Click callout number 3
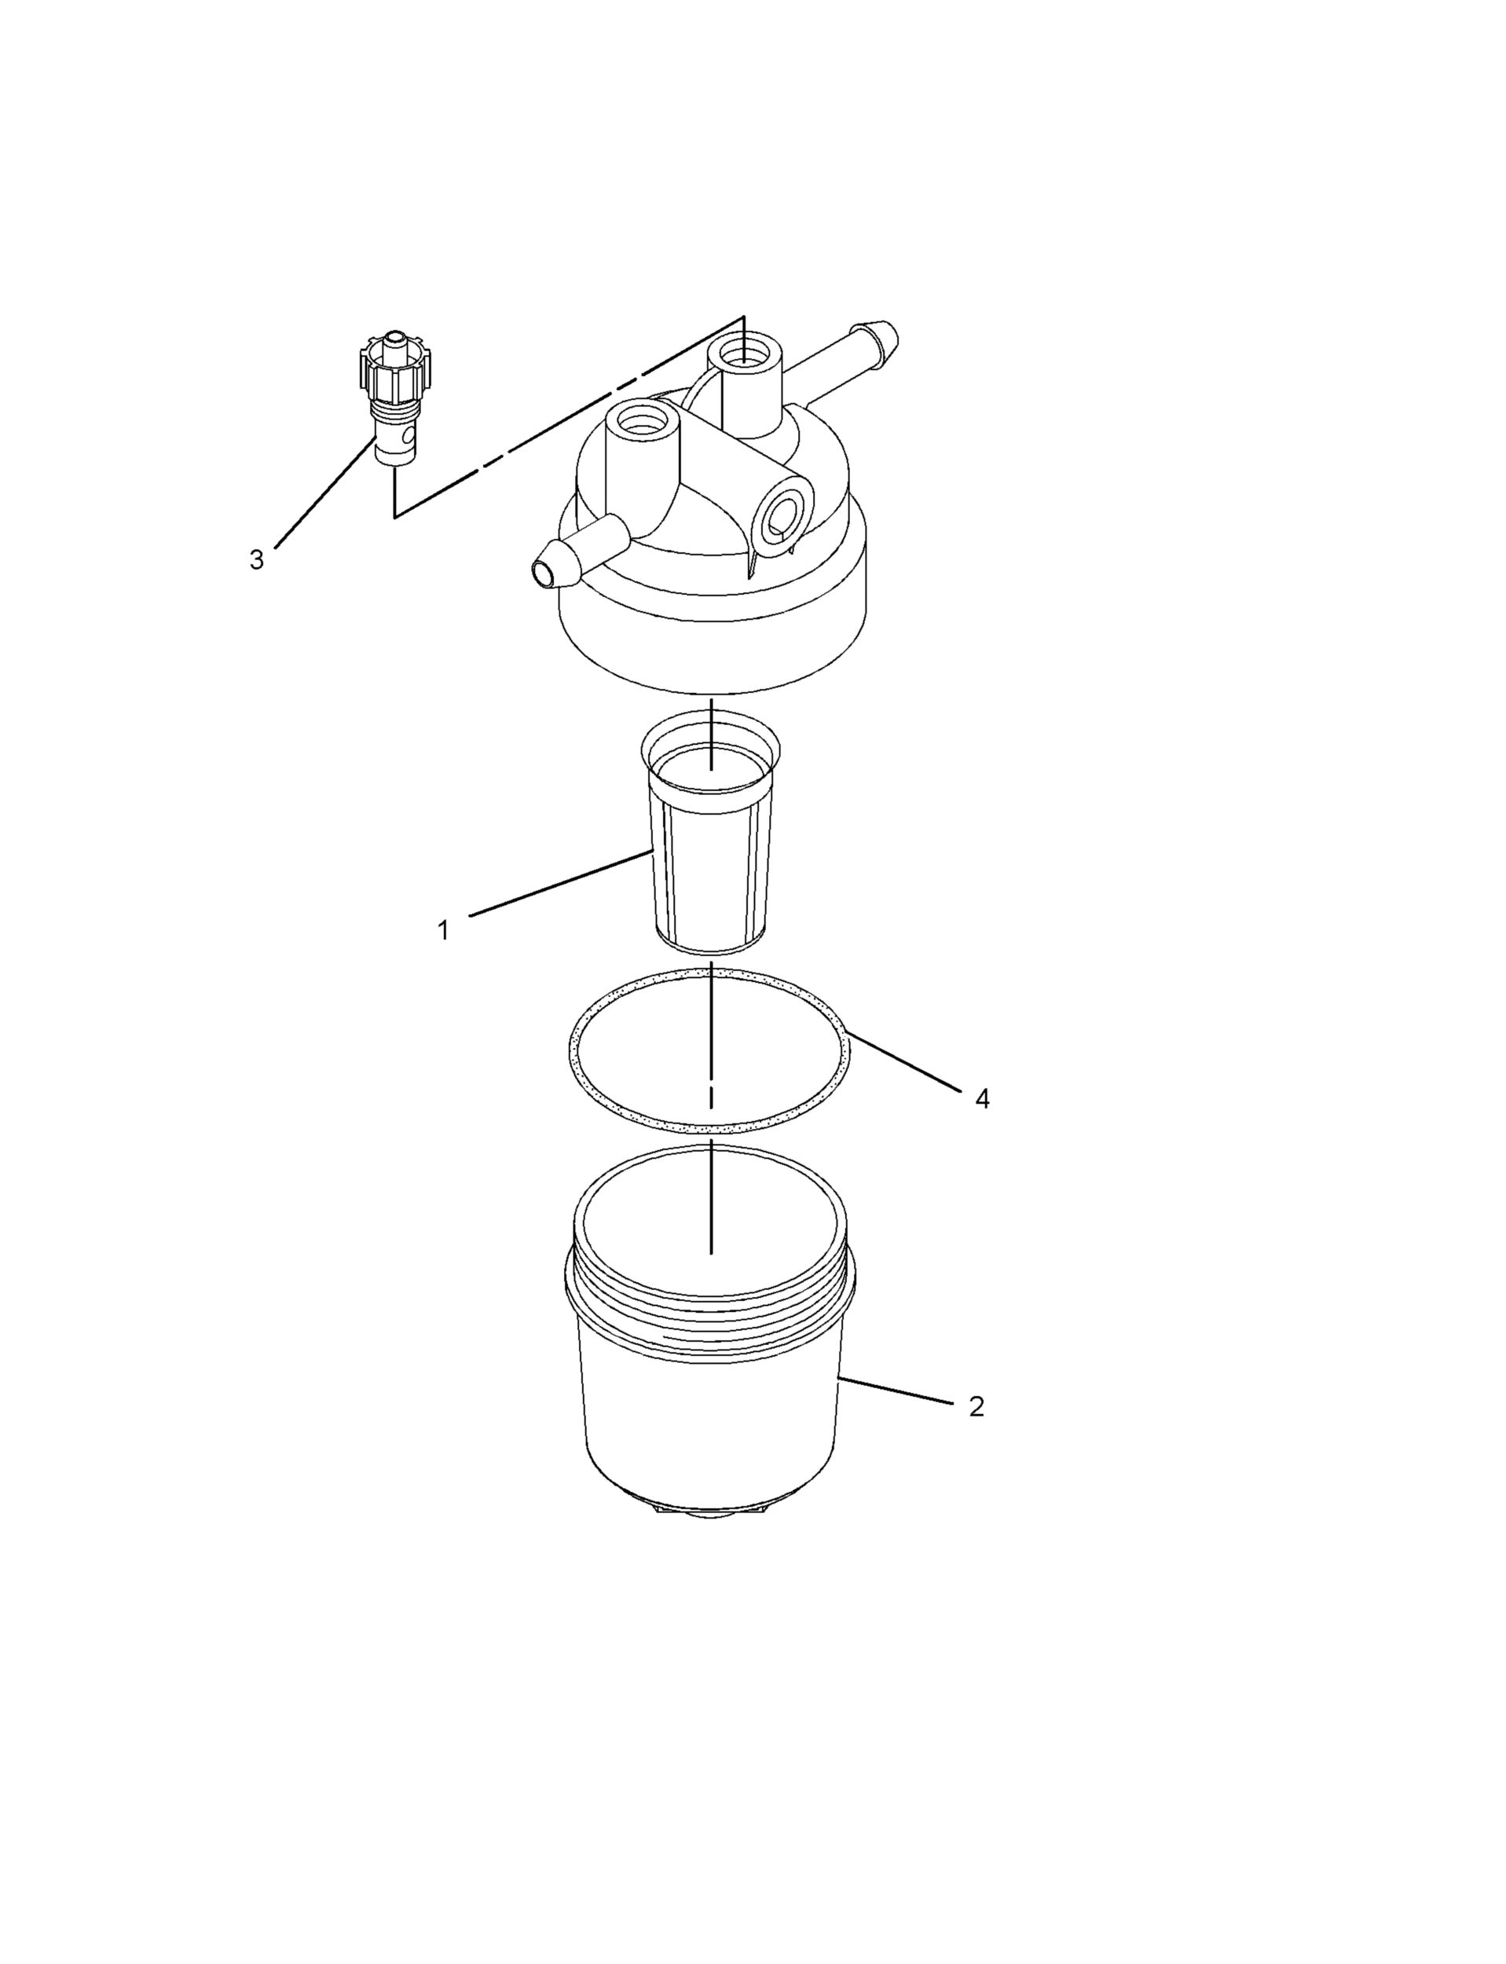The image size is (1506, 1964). click(x=256, y=560)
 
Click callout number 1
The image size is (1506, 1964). click(x=443, y=930)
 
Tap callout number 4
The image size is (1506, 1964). click(x=983, y=1098)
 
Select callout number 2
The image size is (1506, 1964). click(x=977, y=1406)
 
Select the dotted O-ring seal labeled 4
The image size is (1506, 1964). click(x=573, y=1049)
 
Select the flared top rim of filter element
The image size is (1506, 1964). click(x=710, y=731)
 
